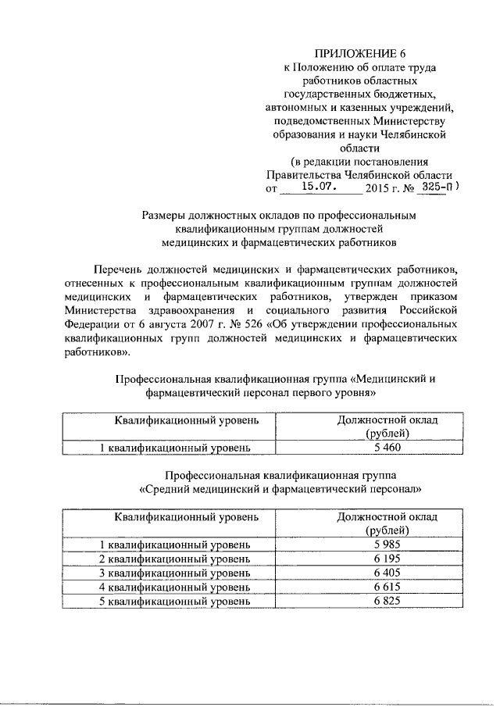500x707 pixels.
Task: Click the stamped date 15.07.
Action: coord(321,188)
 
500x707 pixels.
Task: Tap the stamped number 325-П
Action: coord(436,187)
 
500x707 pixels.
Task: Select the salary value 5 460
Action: coord(387,448)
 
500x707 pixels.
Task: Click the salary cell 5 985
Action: coord(387,544)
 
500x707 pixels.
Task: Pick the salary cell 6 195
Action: coord(387,559)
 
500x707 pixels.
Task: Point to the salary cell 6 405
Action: coord(387,573)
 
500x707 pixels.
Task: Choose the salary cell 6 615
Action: coord(387,587)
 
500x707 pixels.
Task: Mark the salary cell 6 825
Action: coord(387,601)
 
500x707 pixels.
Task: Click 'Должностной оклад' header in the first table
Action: coord(387,420)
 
